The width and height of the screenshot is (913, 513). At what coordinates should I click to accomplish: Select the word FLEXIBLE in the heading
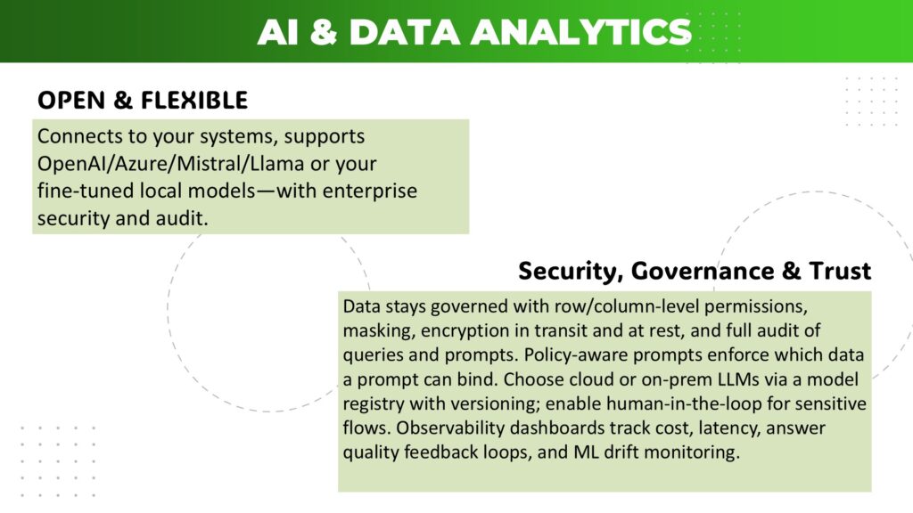194,100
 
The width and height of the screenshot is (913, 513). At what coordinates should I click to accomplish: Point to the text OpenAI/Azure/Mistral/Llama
170,164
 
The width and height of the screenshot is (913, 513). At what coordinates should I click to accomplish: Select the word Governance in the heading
703,271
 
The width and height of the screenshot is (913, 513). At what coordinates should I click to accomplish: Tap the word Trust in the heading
840,271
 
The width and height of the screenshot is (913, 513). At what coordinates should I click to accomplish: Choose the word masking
379,331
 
